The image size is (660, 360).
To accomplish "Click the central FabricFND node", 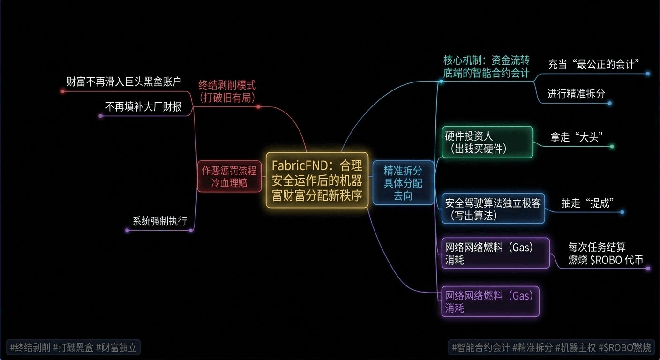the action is (317, 180).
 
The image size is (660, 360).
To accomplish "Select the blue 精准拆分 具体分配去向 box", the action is (403, 183).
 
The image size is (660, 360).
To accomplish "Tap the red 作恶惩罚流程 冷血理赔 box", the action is (229, 176).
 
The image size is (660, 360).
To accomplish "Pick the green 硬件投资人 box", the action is (487, 142).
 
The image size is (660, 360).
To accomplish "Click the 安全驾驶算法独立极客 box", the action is (493, 209).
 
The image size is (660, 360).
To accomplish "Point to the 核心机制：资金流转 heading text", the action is (486, 60).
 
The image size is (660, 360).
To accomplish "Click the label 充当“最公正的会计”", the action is (594, 64).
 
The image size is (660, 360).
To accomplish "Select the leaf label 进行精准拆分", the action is (576, 93).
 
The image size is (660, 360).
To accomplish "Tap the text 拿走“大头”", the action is (576, 137).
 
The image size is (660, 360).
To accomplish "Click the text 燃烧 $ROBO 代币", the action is (605, 260).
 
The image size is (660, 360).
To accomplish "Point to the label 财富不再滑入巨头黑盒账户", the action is (123, 82).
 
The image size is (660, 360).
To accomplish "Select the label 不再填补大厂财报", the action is (143, 107).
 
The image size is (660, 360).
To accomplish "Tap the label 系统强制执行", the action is (159, 221).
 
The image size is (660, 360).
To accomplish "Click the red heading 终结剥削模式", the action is (227, 85).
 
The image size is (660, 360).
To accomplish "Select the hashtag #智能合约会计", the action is (480, 347).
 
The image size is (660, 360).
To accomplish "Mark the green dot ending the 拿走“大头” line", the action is (612, 147).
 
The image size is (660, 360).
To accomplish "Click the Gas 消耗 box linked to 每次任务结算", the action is (495, 253).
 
